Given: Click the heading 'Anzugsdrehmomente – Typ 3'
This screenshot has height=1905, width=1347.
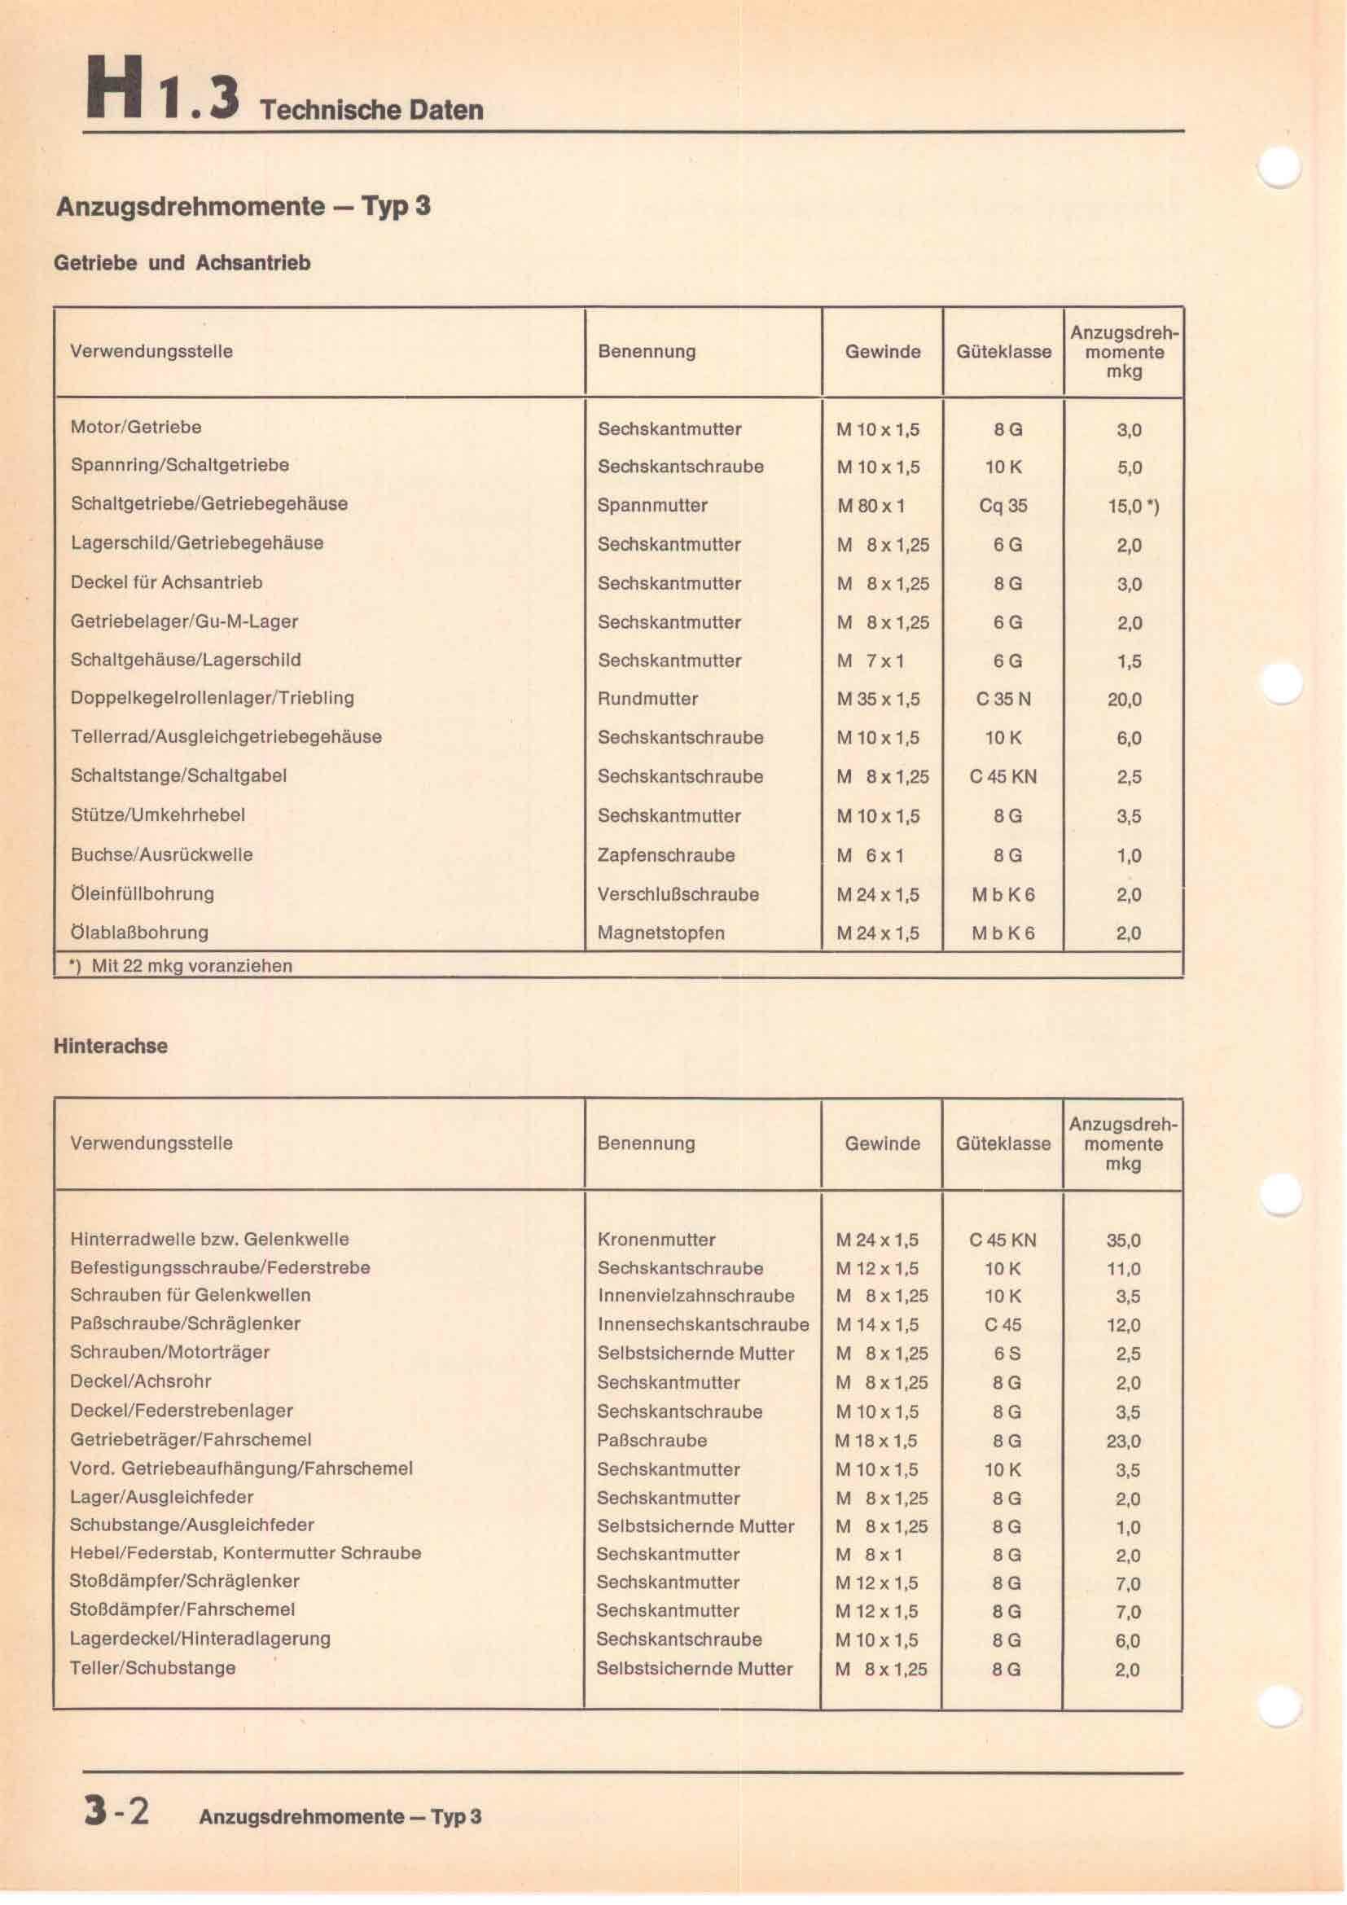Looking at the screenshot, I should pyautogui.click(x=243, y=206).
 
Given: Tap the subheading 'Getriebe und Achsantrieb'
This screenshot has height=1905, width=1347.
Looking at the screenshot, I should pyautogui.click(x=182, y=263).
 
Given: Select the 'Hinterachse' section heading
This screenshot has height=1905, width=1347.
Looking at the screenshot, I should pyautogui.click(x=110, y=1046).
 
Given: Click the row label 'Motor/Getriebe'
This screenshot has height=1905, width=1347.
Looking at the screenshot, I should pyautogui.click(x=136, y=428).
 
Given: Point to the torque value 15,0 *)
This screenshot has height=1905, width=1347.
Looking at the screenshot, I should pyautogui.click(x=1133, y=506).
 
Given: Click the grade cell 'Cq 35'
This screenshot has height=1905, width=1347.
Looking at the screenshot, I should pyautogui.click(x=1003, y=506).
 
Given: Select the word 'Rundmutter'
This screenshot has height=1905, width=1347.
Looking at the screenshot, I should pyautogui.click(x=647, y=699).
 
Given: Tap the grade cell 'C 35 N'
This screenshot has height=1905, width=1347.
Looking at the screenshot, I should pyautogui.click(x=1003, y=700).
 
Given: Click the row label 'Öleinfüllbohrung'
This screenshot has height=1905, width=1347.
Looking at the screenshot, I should pyautogui.click(x=143, y=893).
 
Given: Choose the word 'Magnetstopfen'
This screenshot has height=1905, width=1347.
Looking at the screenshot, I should pyautogui.click(x=661, y=933).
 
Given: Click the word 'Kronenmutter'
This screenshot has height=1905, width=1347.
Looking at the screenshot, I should pyautogui.click(x=656, y=1240).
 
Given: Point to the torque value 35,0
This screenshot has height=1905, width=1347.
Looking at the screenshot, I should pyautogui.click(x=1124, y=1240).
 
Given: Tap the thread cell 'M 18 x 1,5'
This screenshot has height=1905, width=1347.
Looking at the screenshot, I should pyautogui.click(x=877, y=1442).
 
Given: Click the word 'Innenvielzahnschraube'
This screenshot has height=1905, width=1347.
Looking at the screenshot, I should pyautogui.click(x=695, y=1296).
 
